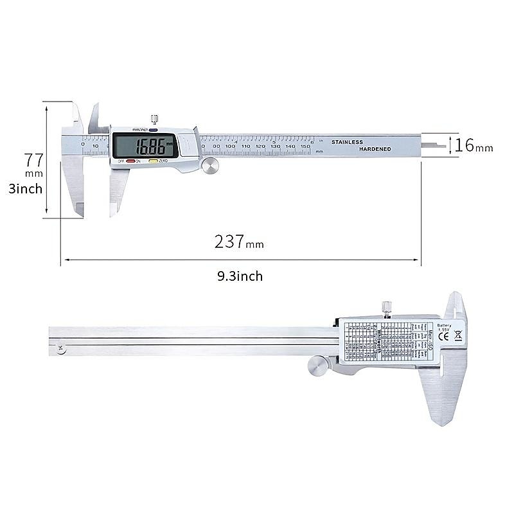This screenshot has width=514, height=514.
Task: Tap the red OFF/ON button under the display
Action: pyautogui.click(x=130, y=161)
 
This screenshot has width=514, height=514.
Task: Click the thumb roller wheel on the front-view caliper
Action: pyautogui.click(x=210, y=166)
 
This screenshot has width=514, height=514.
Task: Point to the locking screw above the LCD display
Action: pyautogui.click(x=154, y=119)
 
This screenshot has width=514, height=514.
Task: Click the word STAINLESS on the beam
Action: pyautogui.click(x=347, y=141)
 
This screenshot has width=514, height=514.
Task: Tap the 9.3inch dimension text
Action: pyautogui.click(x=240, y=276)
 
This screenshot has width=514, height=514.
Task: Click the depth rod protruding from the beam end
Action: pyautogui.click(x=434, y=145)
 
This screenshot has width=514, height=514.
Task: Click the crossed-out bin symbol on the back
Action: pyautogui.click(x=458, y=341)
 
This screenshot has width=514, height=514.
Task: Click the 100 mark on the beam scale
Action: pyautogui.click(x=230, y=147)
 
